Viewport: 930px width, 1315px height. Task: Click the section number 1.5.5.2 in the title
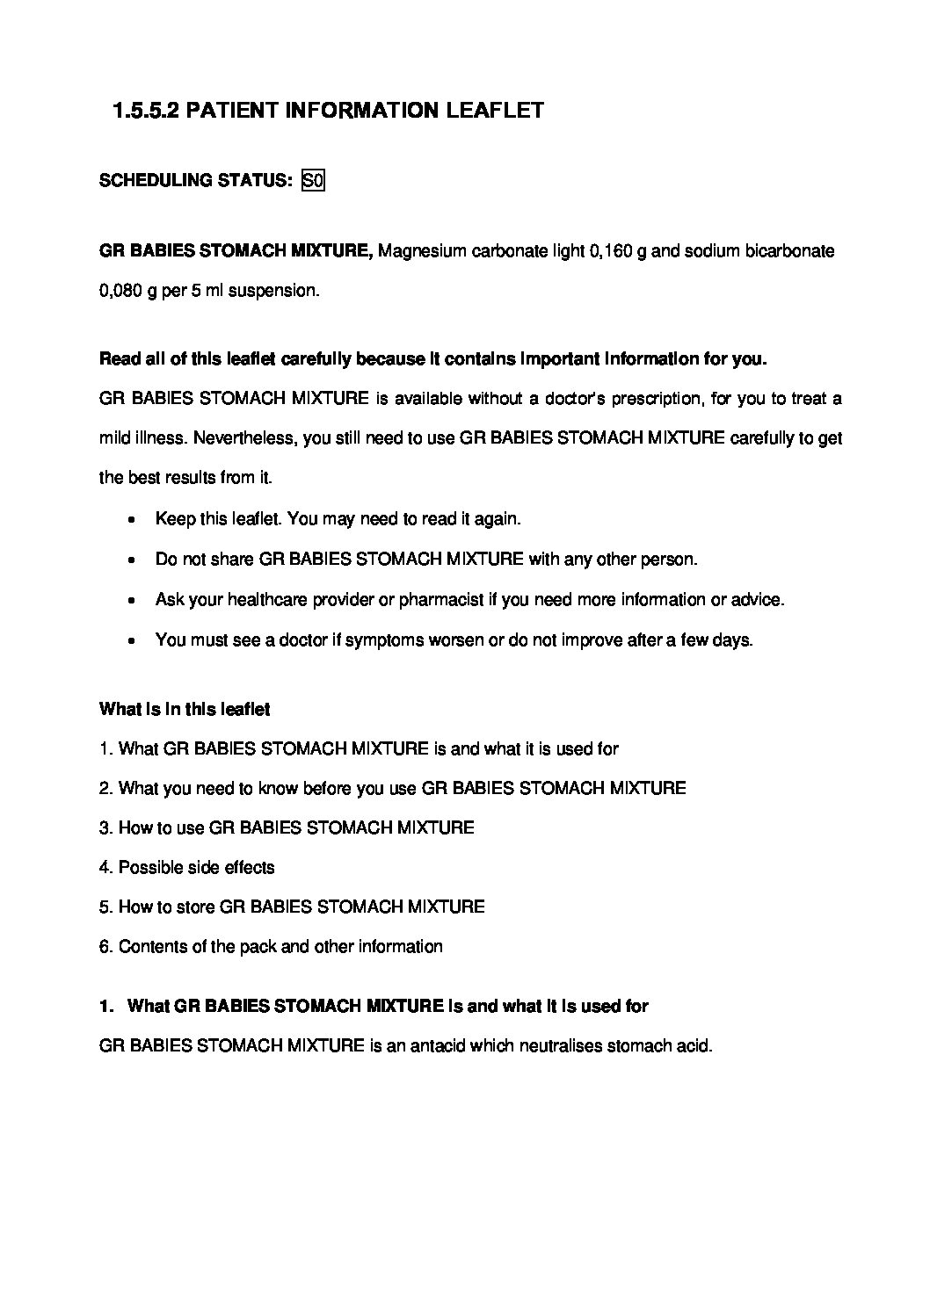pos(147,111)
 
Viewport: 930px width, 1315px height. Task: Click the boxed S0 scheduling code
pos(314,181)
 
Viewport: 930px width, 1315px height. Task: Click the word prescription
pos(643,399)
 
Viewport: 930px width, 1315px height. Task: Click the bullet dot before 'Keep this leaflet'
pos(131,520)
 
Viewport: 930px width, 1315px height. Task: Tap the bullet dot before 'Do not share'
pos(131,560)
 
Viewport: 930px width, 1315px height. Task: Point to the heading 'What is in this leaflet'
pos(185,709)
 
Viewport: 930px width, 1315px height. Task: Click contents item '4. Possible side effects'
pos(186,868)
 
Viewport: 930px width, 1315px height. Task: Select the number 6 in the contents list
pos(105,947)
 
